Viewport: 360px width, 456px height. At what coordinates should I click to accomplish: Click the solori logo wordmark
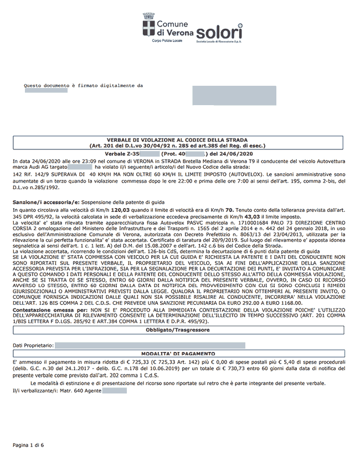219,31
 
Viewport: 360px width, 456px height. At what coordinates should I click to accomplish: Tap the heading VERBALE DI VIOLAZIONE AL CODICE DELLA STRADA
177,140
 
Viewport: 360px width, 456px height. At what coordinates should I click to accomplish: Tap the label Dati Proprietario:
33,345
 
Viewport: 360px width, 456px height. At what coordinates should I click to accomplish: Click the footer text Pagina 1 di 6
28,444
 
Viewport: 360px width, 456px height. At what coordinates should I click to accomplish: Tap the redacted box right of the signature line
234,95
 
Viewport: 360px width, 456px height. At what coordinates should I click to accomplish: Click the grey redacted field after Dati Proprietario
150,345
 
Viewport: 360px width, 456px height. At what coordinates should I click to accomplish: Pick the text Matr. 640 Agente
79,391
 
